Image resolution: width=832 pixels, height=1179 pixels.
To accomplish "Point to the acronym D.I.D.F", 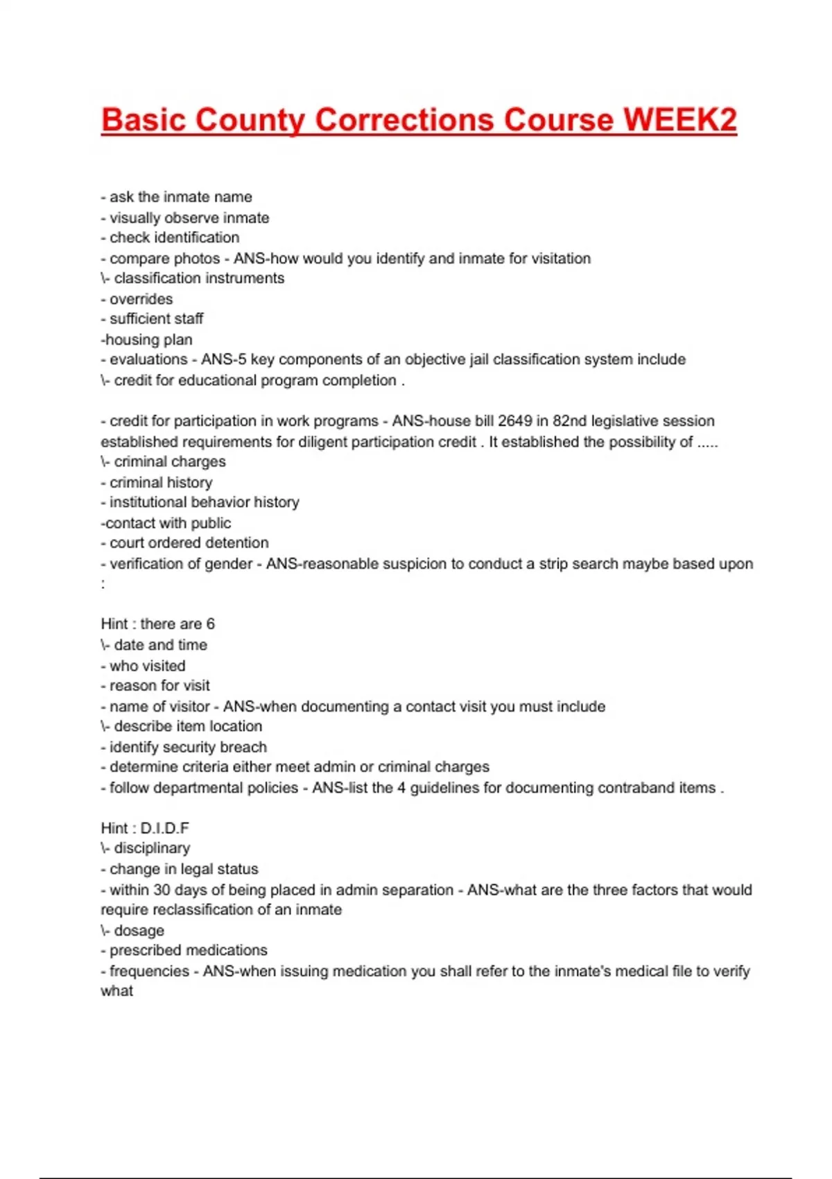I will tap(164, 828).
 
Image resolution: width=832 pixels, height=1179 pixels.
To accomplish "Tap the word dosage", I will tap(139, 931).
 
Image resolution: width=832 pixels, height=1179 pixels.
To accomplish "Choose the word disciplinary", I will tap(152, 848).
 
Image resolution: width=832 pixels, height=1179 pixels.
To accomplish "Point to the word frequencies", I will tap(149, 971).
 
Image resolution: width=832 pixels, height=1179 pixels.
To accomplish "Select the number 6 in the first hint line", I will tap(210, 624).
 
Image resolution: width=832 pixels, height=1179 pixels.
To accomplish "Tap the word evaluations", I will tap(148, 359).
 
